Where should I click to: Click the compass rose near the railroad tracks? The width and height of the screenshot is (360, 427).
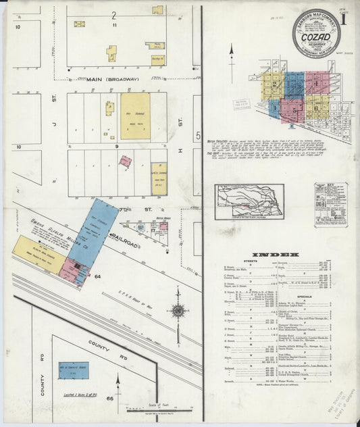178,311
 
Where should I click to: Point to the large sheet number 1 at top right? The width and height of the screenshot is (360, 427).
342,19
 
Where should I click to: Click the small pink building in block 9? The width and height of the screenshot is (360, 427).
126,161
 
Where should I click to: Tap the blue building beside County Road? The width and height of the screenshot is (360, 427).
73,370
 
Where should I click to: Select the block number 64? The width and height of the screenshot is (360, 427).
97,277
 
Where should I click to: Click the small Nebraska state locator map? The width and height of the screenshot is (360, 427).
249,201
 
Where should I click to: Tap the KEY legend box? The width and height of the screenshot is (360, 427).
331,204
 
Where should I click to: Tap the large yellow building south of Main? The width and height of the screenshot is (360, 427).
135,116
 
